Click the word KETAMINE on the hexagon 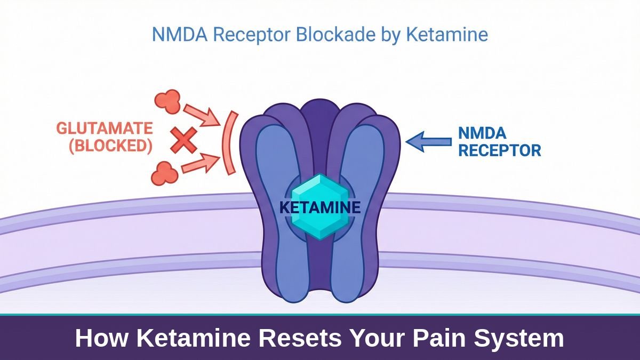point(319,207)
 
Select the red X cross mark point(183,141)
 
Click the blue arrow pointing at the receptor point(428,141)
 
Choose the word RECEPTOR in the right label point(500,150)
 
